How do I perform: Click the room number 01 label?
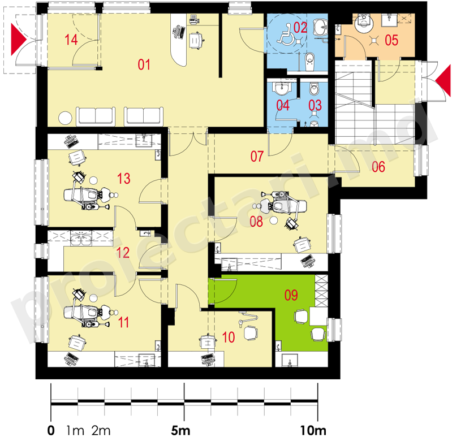pos(144,64)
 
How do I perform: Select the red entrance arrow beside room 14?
pos(19,40)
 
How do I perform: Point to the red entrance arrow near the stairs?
pos(443,80)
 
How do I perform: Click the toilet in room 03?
pos(314,89)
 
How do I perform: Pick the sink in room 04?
pos(282,88)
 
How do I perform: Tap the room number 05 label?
pos(391,40)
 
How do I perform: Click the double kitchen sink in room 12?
pos(81,238)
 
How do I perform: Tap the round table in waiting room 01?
pos(65,118)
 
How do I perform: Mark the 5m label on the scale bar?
pos(180,431)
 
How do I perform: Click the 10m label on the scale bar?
pos(313,431)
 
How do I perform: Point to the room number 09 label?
pos(291,295)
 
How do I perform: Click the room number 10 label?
pos(229,337)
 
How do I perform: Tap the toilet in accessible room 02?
pos(309,61)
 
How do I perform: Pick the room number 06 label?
pos(378,167)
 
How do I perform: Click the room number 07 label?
pos(257,157)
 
